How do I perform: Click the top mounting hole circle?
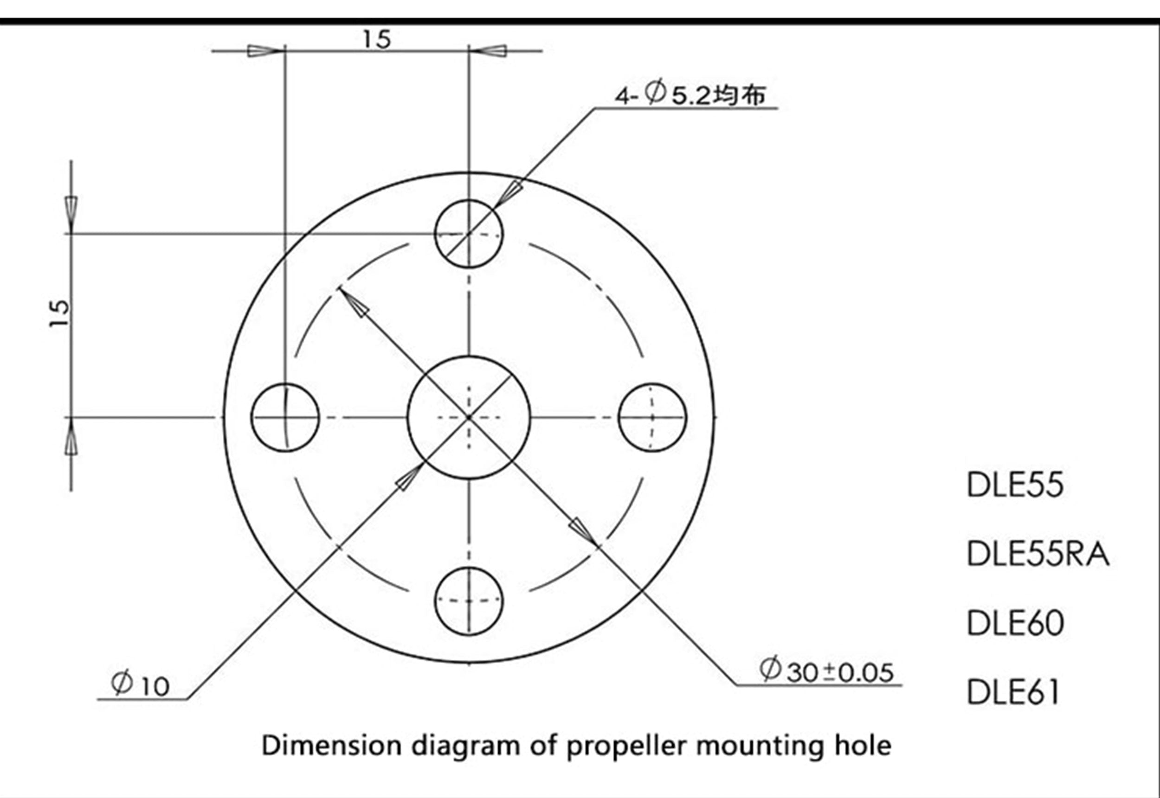[x=468, y=200]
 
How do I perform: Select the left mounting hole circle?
[x=251, y=417]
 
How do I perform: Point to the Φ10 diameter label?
[x=141, y=685]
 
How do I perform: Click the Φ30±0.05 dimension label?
[x=826, y=671]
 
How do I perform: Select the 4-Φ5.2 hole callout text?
[x=690, y=95]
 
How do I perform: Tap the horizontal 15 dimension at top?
[x=377, y=40]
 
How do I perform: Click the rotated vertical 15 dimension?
[x=59, y=313]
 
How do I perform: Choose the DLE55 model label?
[x=1015, y=485]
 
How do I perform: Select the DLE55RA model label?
[x=1038, y=555]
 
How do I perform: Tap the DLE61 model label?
[x=1013, y=692]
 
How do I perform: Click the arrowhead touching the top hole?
[x=507, y=196]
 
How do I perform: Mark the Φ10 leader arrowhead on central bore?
[x=410, y=477]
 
